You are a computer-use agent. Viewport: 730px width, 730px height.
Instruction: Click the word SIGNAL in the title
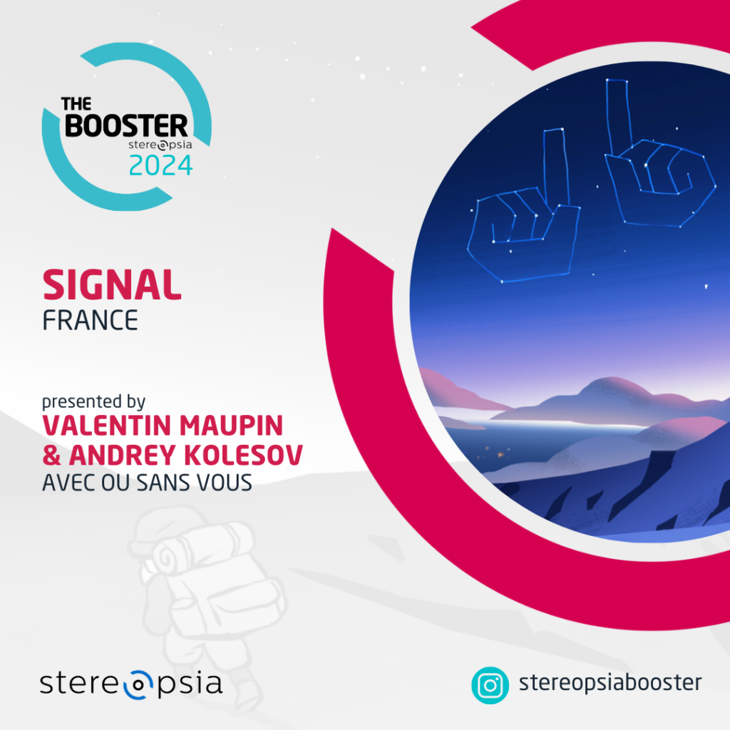pyautogui.click(x=112, y=284)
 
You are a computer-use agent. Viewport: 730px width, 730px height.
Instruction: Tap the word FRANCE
pyautogui.click(x=91, y=320)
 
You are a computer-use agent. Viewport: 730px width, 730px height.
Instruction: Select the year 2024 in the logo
pyautogui.click(x=160, y=165)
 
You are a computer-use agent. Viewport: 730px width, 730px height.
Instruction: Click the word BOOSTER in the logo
pyautogui.click(x=126, y=125)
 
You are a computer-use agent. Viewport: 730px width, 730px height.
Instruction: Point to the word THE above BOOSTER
pyautogui.click(x=76, y=104)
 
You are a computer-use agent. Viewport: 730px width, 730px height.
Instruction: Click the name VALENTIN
pyautogui.click(x=107, y=426)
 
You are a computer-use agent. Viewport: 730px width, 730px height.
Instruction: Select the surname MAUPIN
pyautogui.click(x=232, y=426)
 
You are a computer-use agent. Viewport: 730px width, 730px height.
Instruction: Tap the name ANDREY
pyautogui.click(x=122, y=455)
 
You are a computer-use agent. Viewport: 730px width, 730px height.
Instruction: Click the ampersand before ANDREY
pyautogui.click(x=51, y=455)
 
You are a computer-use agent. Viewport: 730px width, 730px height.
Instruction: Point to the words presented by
pyautogui.click(x=93, y=401)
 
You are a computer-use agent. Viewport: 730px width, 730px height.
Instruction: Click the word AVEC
pyautogui.click(x=69, y=483)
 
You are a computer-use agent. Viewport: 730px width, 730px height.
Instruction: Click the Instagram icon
pyautogui.click(x=490, y=685)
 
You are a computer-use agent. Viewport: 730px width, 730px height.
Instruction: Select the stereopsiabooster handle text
pyautogui.click(x=610, y=683)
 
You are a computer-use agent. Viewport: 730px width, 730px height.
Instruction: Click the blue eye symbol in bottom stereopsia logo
pyautogui.click(x=138, y=685)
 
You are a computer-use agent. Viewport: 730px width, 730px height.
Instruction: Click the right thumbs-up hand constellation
pyautogui.click(x=660, y=153)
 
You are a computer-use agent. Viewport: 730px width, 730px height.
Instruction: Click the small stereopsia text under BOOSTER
pyautogui.click(x=160, y=145)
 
